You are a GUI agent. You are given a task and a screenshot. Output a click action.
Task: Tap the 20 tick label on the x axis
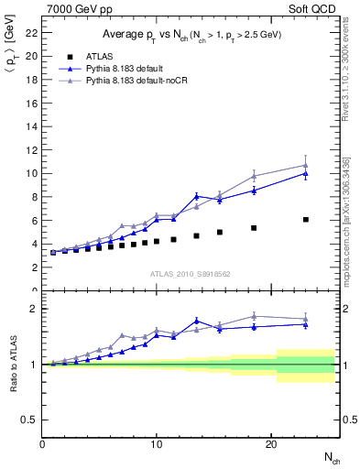point(271,443)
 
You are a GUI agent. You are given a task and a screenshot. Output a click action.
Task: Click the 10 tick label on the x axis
point(157,443)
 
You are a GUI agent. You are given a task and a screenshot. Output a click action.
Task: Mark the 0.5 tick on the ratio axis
point(30,420)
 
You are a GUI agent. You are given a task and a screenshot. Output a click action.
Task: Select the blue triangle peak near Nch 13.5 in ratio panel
point(197,321)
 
